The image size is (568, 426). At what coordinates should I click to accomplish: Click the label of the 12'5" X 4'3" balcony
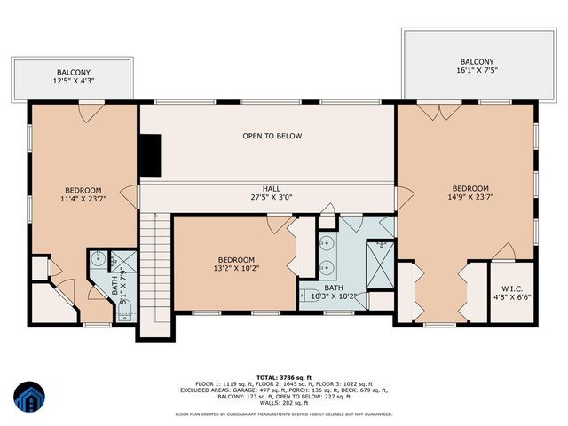click(x=73, y=77)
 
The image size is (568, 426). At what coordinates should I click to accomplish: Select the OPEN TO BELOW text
click(x=272, y=137)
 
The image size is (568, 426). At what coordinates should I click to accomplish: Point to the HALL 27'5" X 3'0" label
click(x=272, y=193)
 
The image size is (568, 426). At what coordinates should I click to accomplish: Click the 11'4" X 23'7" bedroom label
click(x=83, y=194)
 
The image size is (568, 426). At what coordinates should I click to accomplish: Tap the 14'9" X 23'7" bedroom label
click(x=469, y=193)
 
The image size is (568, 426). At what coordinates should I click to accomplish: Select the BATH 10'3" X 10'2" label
click(x=334, y=292)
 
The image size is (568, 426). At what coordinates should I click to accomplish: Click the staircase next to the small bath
click(x=153, y=275)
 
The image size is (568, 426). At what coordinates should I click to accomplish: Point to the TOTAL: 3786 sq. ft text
click(x=283, y=376)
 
